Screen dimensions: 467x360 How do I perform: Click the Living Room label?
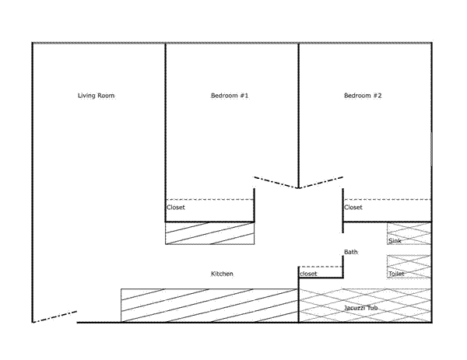pyautogui.click(x=96, y=96)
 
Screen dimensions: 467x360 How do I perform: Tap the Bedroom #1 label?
pyautogui.click(x=230, y=96)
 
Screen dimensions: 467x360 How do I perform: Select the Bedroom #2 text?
pyautogui.click(x=363, y=96)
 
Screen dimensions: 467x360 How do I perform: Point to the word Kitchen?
pyautogui.click(x=222, y=274)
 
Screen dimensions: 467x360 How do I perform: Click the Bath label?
pyautogui.click(x=350, y=252)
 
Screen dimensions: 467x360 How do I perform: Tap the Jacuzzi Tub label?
pyautogui.click(x=360, y=308)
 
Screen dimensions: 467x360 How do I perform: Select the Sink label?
pyautogui.click(x=395, y=241)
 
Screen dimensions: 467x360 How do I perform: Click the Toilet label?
pyautogui.click(x=396, y=274)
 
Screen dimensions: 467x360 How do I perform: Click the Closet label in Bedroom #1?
pyautogui.click(x=176, y=208)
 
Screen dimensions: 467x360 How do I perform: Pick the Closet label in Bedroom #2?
pyautogui.click(x=353, y=208)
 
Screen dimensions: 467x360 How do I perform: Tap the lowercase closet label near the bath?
pyautogui.click(x=308, y=274)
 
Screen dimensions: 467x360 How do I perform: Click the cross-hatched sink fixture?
pyautogui.click(x=409, y=233)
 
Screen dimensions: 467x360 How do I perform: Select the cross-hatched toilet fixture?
pyautogui.click(x=409, y=267)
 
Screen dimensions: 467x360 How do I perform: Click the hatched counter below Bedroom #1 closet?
pyautogui.click(x=209, y=233)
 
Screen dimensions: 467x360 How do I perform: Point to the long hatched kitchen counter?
pyautogui.click(x=209, y=306)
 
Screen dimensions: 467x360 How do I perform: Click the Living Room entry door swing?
pyautogui.click(x=54, y=317)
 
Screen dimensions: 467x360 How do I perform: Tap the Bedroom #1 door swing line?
pyautogui.click(x=276, y=183)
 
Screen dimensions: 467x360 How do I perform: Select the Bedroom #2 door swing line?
pyautogui.click(x=321, y=183)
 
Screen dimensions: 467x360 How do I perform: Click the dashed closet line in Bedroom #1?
pyautogui.click(x=209, y=200)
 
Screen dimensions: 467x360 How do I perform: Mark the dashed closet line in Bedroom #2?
pyautogui.click(x=387, y=200)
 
